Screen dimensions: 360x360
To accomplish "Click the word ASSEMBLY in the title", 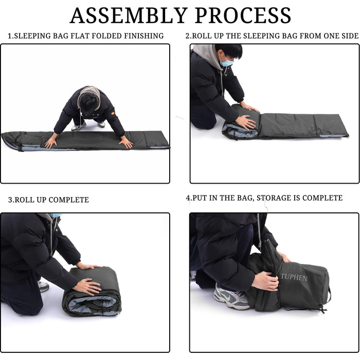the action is pos(129,15).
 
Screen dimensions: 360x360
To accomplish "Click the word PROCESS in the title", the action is pos(243,15).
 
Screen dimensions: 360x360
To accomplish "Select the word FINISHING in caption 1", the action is pos(144,36).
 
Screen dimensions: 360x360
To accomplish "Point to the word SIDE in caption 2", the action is pos(349,36).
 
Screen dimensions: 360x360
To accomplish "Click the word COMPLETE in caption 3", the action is pos(68,200).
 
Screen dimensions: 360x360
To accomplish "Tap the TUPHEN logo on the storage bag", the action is pos(294,277).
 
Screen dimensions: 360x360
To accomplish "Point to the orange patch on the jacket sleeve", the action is pos(113,113).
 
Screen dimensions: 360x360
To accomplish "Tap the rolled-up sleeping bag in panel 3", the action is pos(93,292).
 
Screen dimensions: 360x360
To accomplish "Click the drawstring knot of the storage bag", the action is pos(323,311).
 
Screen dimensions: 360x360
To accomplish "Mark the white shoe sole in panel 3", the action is pos(43,286).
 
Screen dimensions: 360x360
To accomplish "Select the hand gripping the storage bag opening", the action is pos(266,281).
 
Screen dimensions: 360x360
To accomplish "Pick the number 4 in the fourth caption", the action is pos(188,198).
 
